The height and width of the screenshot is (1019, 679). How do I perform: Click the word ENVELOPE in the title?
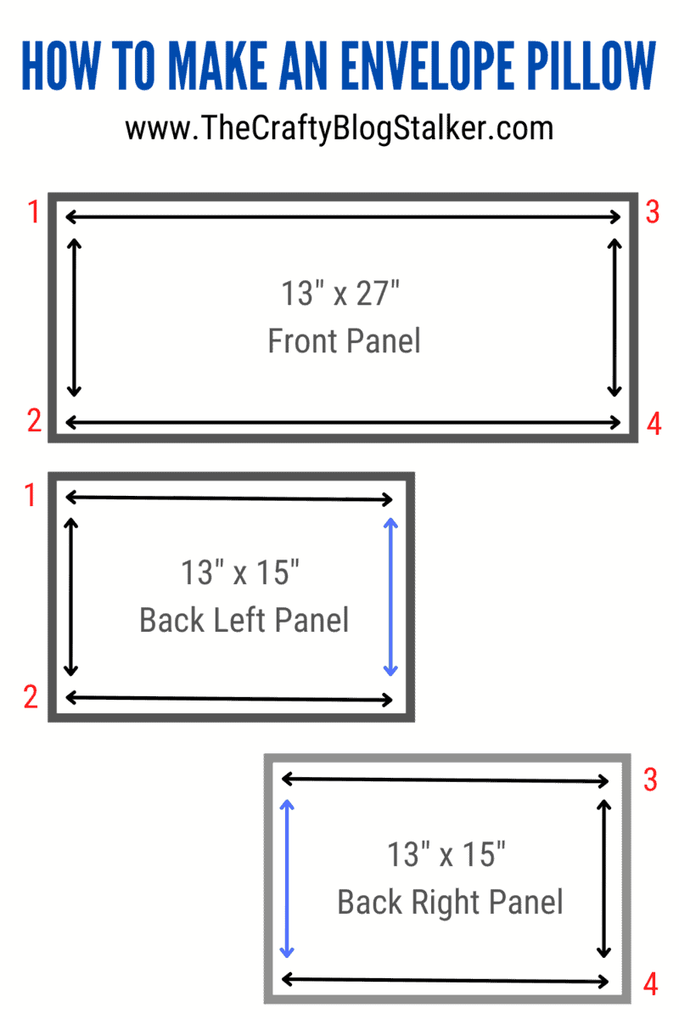[x=427, y=65]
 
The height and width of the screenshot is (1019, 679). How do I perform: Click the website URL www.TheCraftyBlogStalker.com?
[x=339, y=129]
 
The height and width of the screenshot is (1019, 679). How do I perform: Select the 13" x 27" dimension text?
[x=340, y=293]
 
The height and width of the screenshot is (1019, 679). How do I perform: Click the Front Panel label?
[x=345, y=341]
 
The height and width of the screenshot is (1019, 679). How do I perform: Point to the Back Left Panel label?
[x=244, y=620]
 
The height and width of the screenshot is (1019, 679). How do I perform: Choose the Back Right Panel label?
[x=450, y=901]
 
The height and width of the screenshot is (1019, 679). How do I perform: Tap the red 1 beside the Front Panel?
[x=34, y=211]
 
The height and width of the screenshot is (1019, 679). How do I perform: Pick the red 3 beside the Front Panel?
[x=653, y=212]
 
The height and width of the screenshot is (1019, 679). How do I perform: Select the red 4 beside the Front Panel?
[x=654, y=424]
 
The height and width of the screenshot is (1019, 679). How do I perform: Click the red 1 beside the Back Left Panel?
[x=30, y=495]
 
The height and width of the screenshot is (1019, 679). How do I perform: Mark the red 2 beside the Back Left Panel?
[x=31, y=696]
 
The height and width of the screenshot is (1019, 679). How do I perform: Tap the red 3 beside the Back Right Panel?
[x=650, y=780]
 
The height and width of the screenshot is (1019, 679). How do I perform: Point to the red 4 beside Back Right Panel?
[x=650, y=984]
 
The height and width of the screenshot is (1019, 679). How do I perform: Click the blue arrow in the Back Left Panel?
[x=390, y=597]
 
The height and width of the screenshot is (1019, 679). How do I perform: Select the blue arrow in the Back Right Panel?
[x=287, y=879]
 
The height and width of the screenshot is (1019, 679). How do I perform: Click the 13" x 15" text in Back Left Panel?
[x=240, y=572]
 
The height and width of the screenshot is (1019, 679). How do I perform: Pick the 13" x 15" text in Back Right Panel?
[x=446, y=854]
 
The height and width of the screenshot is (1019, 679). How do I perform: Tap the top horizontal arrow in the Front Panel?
[x=343, y=217]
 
